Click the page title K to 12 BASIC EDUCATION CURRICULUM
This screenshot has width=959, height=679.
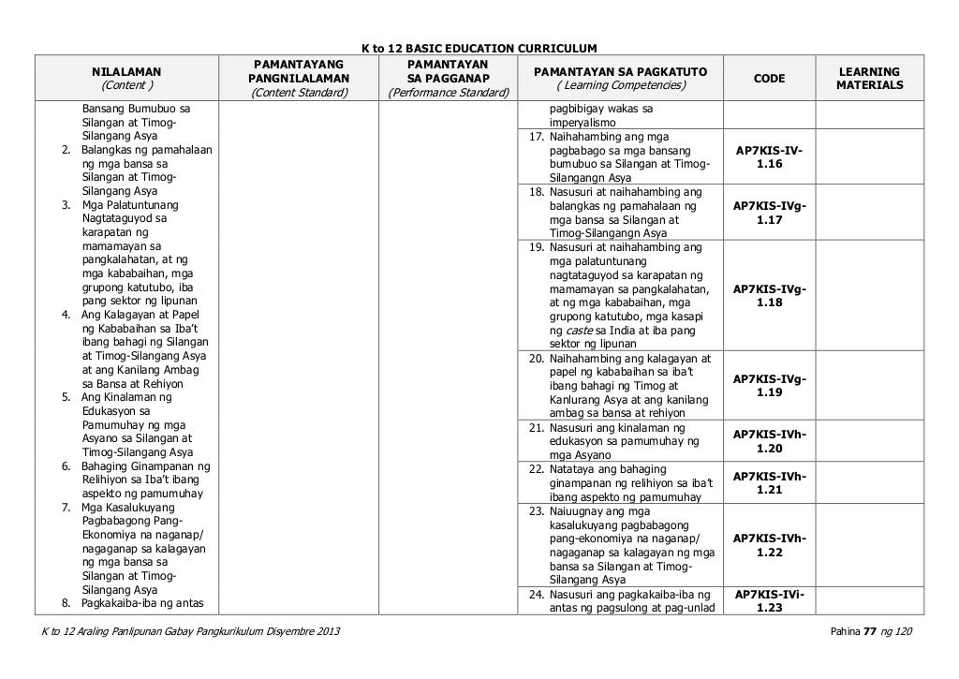(479, 47)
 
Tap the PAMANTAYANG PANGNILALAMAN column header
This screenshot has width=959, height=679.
(299, 78)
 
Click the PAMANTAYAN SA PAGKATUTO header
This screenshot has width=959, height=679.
(620, 78)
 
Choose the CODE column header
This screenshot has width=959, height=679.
(769, 79)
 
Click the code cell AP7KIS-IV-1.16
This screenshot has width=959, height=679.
(769, 157)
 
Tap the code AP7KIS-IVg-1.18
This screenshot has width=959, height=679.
(769, 296)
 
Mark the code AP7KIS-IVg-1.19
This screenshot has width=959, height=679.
(769, 386)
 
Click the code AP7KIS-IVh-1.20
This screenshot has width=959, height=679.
(769, 441)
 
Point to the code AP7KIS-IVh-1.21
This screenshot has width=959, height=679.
(769, 482)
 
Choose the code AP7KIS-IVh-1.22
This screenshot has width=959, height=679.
(769, 545)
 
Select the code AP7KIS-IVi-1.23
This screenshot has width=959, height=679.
(769, 600)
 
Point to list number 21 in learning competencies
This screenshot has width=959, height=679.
(535, 427)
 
